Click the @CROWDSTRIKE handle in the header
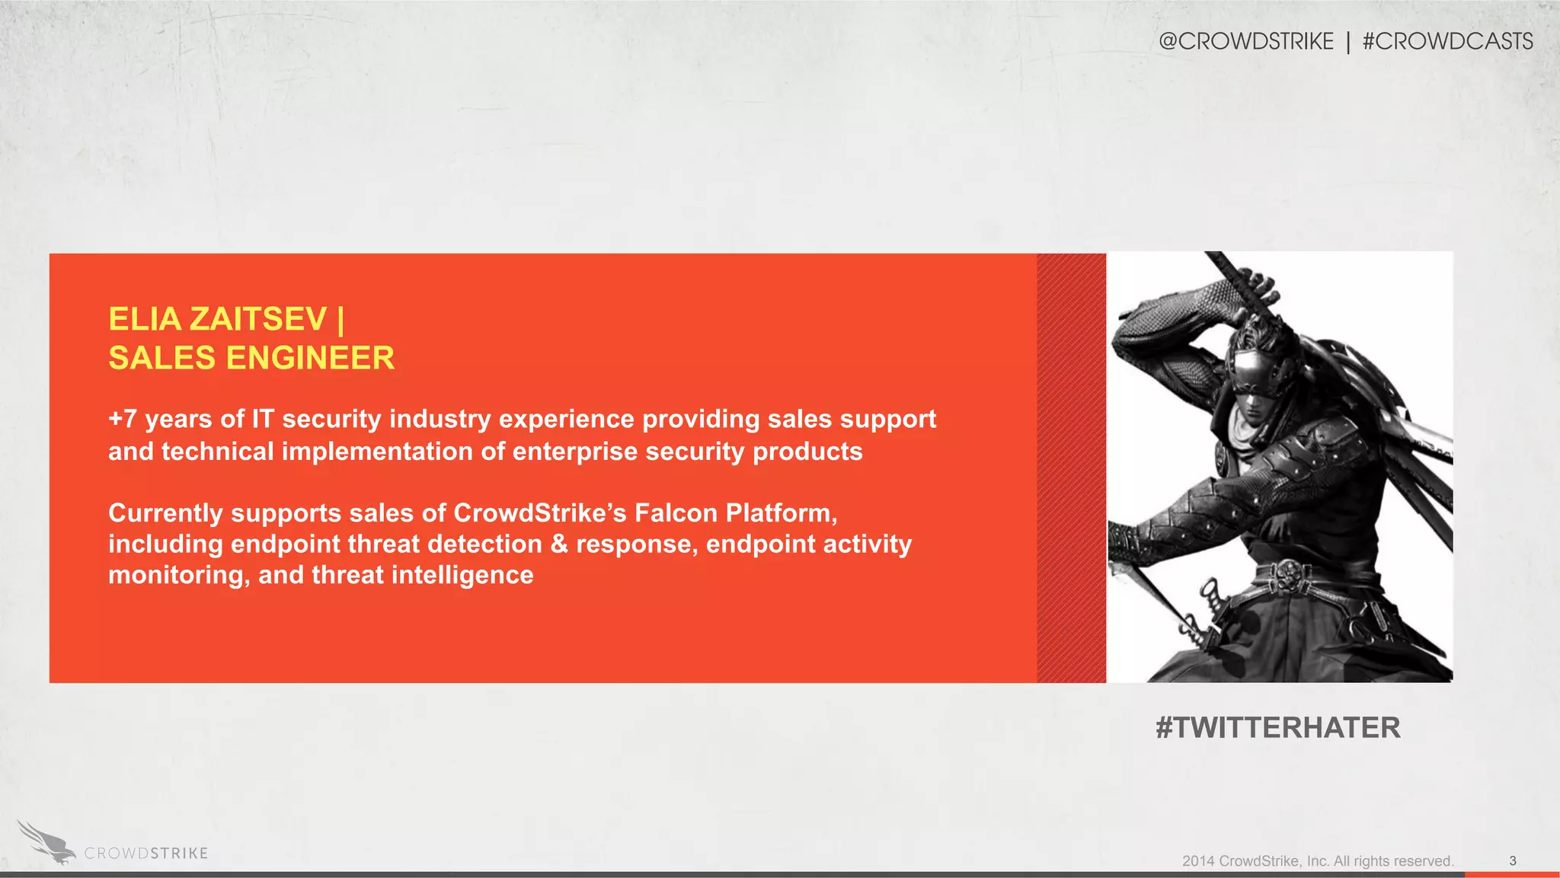pyautogui.click(x=1245, y=41)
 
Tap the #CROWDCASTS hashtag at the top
pyautogui.click(x=1447, y=41)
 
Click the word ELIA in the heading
pyautogui.click(x=145, y=319)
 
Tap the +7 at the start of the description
pyautogui.click(x=122, y=419)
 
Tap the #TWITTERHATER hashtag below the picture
pyautogui.click(x=1277, y=728)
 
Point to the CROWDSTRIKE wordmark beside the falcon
pyautogui.click(x=145, y=854)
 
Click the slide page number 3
pyautogui.click(x=1513, y=860)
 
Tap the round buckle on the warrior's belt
pyautogui.click(x=1288, y=573)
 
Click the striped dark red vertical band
pyautogui.click(x=1071, y=468)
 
